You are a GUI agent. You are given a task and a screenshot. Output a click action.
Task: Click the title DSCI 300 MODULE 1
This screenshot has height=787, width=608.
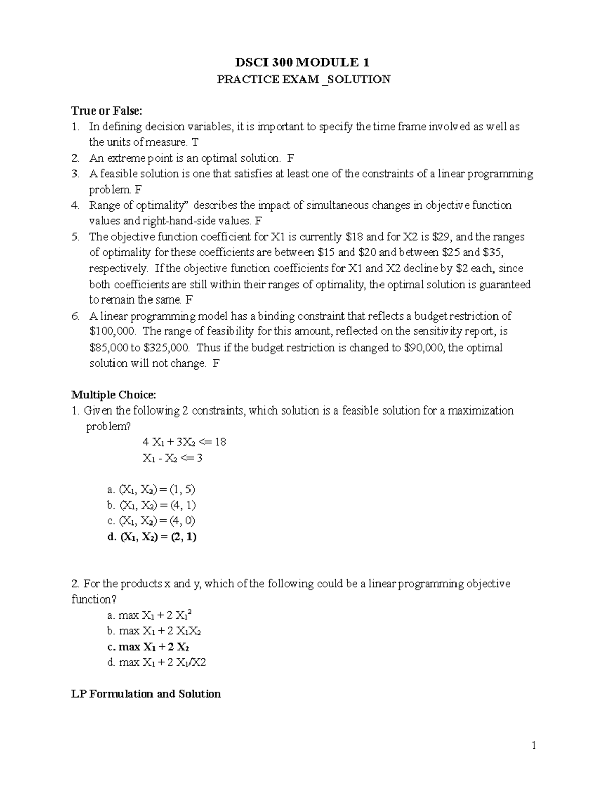tap(303, 63)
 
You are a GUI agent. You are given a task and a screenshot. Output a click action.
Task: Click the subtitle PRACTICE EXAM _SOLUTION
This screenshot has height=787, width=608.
tap(303, 79)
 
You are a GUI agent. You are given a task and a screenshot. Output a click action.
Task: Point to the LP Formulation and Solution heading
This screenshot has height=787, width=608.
tap(146, 694)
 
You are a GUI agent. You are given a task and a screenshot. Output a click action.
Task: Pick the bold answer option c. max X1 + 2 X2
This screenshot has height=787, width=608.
tap(149, 647)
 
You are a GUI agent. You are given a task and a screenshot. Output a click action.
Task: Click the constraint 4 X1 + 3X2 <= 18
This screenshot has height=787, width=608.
tap(184, 442)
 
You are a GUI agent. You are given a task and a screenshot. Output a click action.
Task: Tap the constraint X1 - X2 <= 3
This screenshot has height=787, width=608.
tap(173, 458)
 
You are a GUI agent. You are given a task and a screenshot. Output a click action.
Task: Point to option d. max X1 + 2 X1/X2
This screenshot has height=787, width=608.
tap(157, 662)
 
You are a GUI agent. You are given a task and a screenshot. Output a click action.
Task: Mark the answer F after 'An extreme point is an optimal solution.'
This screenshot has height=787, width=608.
tap(290, 158)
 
